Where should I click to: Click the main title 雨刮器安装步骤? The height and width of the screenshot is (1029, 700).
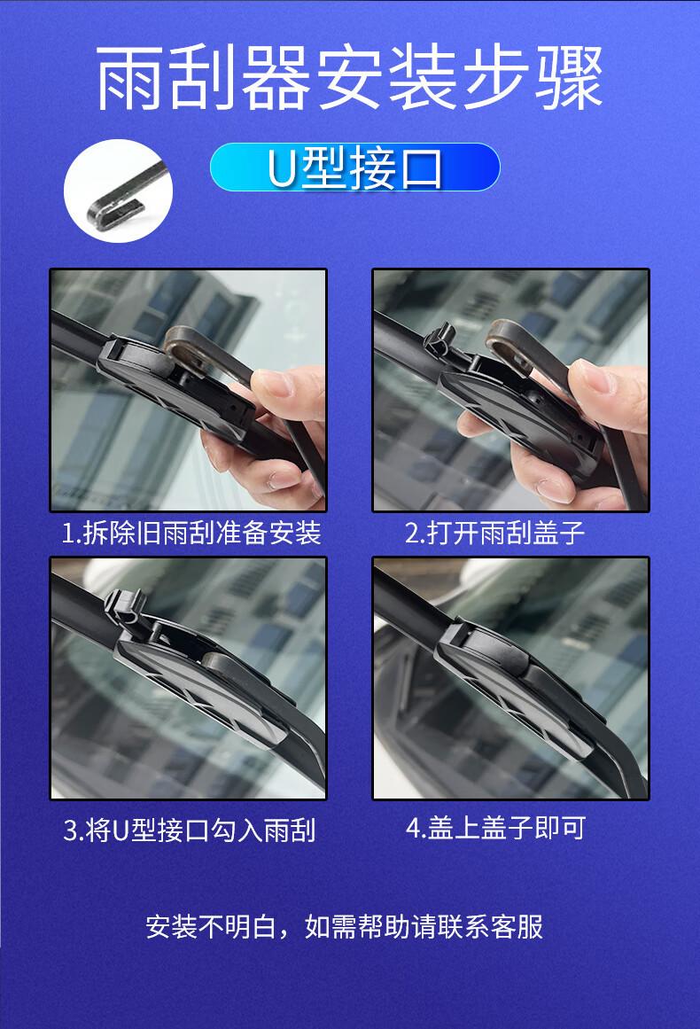[x=349, y=77]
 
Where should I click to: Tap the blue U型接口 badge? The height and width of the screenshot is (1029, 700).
[x=355, y=168]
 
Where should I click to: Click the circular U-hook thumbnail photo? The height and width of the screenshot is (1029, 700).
[x=118, y=191]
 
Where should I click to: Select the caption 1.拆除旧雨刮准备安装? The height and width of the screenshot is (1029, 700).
[x=191, y=532]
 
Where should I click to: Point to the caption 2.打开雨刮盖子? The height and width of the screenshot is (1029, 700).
[x=494, y=532]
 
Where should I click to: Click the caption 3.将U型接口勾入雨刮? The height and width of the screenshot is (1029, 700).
[x=190, y=830]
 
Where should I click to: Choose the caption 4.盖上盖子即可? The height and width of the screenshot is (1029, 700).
[x=495, y=828]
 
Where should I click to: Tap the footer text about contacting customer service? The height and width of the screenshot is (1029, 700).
[x=345, y=926]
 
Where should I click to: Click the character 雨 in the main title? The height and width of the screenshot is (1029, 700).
[x=128, y=78]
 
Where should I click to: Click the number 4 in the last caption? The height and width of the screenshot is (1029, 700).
[x=413, y=828]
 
